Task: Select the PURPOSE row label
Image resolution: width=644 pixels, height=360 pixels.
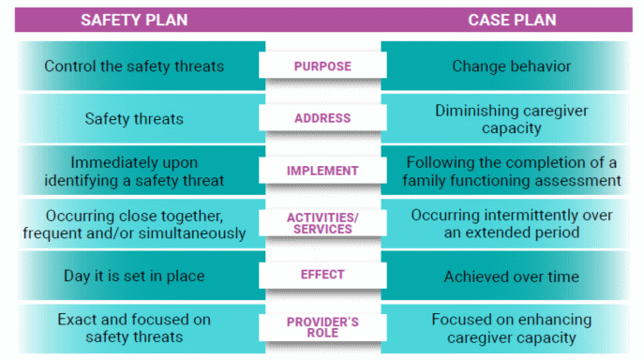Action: (x=322, y=67)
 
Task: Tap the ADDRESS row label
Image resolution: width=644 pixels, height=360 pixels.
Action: (x=322, y=118)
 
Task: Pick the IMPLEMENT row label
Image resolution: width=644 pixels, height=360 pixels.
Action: (x=322, y=171)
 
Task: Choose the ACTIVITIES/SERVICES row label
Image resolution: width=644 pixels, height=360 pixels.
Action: (x=322, y=223)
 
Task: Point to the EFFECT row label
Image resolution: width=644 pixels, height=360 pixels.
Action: (x=322, y=275)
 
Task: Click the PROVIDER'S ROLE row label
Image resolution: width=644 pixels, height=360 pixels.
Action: (x=322, y=327)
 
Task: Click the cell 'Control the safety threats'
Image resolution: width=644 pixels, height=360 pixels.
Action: (x=133, y=67)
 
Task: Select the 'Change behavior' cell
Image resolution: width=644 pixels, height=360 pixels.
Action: (x=511, y=67)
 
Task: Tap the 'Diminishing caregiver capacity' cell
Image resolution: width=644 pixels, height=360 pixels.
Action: (x=511, y=118)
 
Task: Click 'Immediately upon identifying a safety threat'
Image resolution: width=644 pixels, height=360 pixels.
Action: (x=133, y=171)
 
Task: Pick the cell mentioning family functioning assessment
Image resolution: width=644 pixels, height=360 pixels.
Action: (x=511, y=171)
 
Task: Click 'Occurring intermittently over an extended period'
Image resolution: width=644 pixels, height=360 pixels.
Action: (x=511, y=223)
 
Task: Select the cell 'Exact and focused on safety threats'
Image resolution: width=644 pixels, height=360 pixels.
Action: (x=133, y=327)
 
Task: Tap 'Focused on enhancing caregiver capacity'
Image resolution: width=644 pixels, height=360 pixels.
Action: (x=511, y=327)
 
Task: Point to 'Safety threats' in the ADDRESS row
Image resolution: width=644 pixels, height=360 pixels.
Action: (x=133, y=119)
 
